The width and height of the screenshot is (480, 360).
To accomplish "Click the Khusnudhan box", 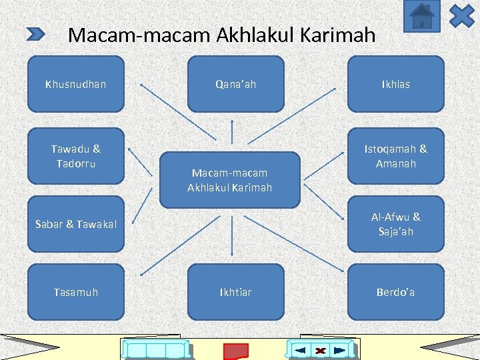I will click(75, 84).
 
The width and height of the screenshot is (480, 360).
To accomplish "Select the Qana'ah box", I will click(235, 84).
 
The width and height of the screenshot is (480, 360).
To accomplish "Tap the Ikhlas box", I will click(395, 84).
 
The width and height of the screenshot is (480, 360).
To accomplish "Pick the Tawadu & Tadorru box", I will click(75, 156).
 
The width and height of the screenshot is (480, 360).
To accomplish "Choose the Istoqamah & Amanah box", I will click(395, 156).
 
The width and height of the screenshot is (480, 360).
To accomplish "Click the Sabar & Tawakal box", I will click(75, 224).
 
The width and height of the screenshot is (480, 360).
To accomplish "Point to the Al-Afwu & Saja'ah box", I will click(395, 224).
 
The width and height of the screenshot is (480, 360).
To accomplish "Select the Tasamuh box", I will click(75, 292).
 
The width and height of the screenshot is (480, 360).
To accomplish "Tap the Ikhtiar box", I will click(235, 292).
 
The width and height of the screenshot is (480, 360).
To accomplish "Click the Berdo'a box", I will click(395, 292).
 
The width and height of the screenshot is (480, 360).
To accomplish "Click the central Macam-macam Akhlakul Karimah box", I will click(230, 180).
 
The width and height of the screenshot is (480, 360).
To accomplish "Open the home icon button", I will click(422, 17).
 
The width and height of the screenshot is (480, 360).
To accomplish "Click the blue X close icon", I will click(461, 16).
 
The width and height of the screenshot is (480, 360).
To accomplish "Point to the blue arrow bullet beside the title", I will click(35, 34).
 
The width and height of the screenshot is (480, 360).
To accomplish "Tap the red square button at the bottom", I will click(235, 351).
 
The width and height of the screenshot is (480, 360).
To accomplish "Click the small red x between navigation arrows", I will click(321, 351).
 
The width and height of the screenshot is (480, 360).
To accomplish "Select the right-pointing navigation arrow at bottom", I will click(339, 350).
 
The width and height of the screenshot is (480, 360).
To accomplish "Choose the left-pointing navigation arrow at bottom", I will click(300, 350).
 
